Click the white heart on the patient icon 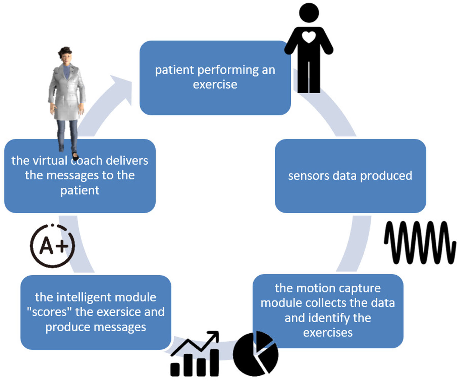point(308,37)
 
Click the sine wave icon point(420,242)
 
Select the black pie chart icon point(255,354)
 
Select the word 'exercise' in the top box point(215,84)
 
